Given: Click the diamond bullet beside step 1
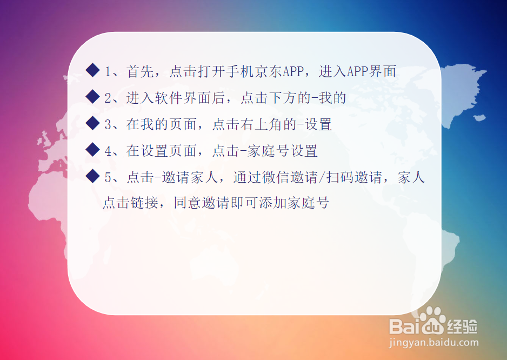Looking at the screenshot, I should pos(93,70).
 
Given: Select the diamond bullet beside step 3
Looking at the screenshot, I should pos(93,123).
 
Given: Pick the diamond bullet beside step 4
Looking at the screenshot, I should pos(93,150).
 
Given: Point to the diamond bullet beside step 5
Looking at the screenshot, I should pos(93,176).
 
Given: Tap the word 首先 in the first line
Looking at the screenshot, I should pos(140,71).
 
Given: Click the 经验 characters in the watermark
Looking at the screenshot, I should pos(463,325).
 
